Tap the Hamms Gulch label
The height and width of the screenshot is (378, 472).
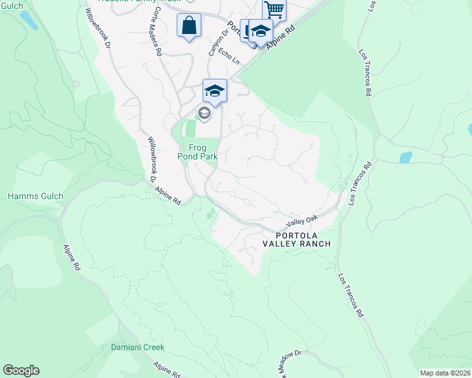[x=35, y=197]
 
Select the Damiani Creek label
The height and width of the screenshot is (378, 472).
[x=138, y=347]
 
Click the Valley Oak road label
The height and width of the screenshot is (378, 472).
[x=302, y=220]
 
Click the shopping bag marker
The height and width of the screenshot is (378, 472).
[x=189, y=26]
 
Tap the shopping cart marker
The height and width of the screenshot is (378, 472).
[x=274, y=9]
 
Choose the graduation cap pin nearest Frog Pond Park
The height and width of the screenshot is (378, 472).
[x=215, y=91]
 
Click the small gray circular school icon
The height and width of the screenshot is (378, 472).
[x=204, y=113]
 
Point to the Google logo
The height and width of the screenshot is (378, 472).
[x=21, y=370]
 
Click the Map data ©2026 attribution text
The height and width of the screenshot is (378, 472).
[x=445, y=373]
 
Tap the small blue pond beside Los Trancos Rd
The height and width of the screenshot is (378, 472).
[x=405, y=157]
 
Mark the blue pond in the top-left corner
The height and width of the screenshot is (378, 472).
[x=28, y=20]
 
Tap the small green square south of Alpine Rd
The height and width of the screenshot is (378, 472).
[x=210, y=215]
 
